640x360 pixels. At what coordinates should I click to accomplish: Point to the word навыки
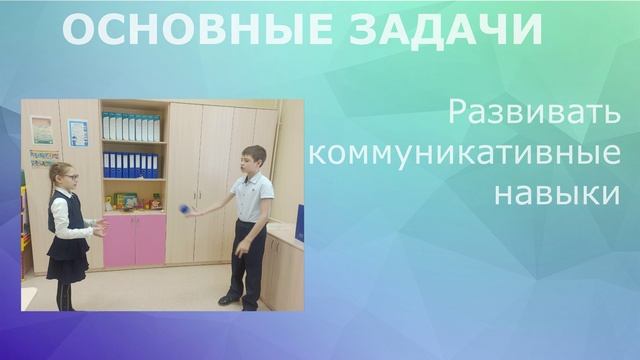[557, 193]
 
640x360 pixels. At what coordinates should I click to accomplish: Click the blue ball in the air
[182, 207]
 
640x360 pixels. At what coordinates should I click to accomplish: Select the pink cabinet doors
[134, 239]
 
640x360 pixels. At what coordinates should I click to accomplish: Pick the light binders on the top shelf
[131, 127]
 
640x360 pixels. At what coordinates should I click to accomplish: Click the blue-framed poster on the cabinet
[78, 132]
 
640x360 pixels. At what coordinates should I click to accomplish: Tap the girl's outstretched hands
[99, 228]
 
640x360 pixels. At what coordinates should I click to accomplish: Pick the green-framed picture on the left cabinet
[42, 130]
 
